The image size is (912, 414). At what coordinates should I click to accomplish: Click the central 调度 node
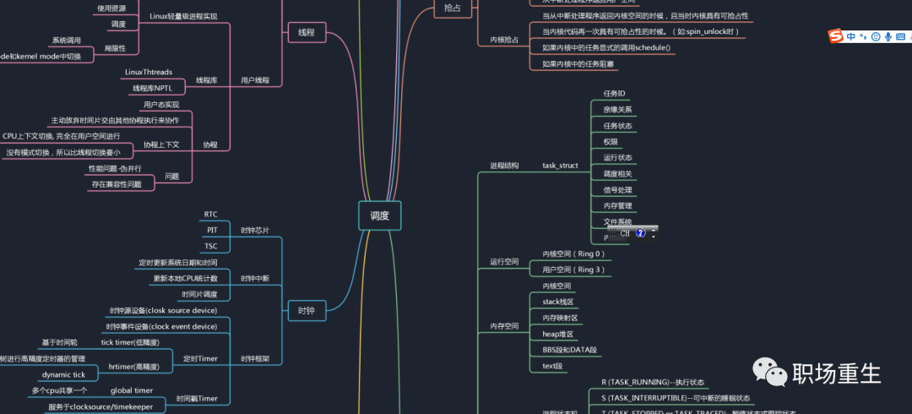[379, 215]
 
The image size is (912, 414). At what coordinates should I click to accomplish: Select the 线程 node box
[306, 32]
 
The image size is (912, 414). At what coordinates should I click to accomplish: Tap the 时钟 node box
[306, 311]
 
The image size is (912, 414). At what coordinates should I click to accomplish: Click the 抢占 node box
[453, 8]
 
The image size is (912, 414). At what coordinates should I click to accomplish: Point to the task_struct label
[560, 166]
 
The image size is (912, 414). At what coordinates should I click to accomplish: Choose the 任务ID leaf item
[614, 93]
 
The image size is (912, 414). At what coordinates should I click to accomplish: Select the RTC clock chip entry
[211, 215]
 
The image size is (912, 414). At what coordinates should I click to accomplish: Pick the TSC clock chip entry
[211, 246]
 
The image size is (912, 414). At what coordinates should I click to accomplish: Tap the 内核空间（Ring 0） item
[573, 253]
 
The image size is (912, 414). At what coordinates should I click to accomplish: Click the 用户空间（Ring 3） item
[573, 270]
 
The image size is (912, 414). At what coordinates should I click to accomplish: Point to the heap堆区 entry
[557, 334]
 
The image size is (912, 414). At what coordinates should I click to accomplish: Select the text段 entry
[552, 366]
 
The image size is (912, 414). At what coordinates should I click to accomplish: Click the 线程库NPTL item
[152, 88]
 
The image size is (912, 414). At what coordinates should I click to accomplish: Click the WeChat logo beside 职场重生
[768, 371]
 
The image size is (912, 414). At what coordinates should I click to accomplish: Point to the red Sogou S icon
[835, 36]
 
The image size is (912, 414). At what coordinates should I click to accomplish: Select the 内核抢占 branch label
[504, 40]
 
